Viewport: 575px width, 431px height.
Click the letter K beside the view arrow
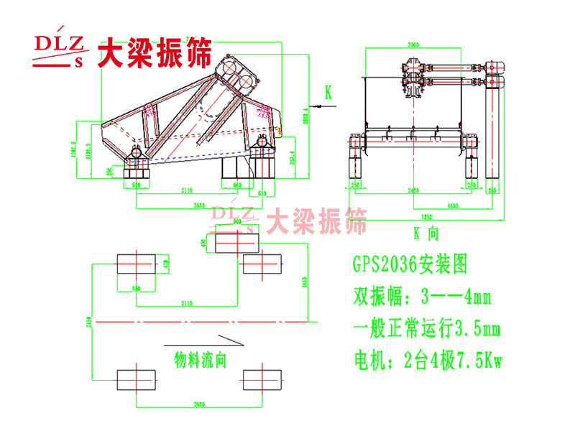[328, 93]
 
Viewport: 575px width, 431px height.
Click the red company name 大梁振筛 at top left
[155, 52]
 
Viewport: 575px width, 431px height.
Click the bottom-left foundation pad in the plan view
[136, 379]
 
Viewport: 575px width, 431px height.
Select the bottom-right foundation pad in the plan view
[262, 379]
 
